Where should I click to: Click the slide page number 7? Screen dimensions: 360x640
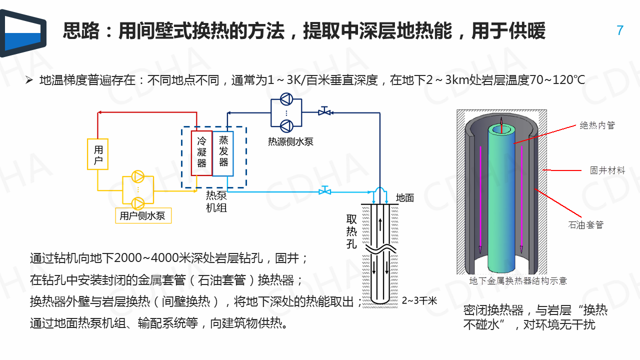620,30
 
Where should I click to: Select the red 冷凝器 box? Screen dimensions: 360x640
201,153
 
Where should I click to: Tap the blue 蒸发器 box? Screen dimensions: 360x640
223,153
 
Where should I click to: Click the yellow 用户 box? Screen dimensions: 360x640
98,154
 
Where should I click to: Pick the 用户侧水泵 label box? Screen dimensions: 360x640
143,215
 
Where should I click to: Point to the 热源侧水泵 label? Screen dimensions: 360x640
290,141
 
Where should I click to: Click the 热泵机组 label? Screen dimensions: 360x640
216,201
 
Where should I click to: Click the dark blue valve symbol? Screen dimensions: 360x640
324,112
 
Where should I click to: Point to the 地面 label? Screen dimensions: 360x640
405,197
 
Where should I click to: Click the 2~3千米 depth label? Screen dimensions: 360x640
419,300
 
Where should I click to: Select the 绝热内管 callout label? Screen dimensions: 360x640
597,125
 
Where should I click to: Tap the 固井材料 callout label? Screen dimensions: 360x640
607,170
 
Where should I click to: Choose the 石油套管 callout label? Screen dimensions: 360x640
586,224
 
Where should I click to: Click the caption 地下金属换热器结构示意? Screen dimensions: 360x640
518,281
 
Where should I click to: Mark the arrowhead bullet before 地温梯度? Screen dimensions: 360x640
29,80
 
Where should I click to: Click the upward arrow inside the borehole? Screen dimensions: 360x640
380,224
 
